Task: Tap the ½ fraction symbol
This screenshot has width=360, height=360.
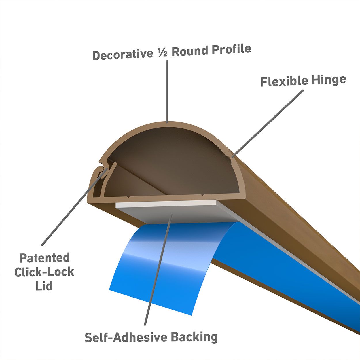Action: point(162,53)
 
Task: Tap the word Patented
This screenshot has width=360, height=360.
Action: point(44,258)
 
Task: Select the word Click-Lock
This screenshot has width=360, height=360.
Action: point(44,272)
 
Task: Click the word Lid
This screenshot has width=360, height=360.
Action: point(44,286)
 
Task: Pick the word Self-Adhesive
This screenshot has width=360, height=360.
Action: point(125,337)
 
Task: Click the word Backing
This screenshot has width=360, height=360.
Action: point(194,337)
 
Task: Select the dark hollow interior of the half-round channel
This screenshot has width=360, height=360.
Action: point(173,161)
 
